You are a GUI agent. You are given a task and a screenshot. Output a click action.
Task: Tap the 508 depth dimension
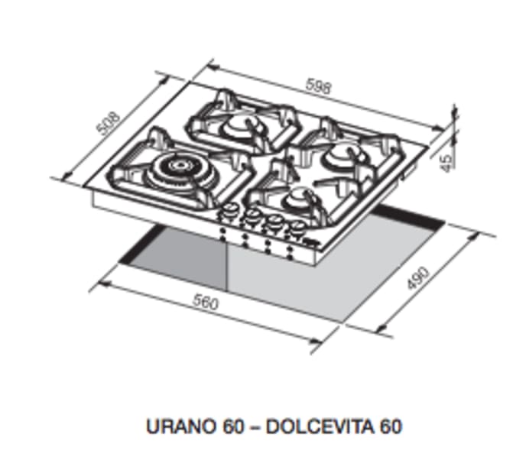112,124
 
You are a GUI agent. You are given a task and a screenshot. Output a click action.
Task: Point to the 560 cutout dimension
206,303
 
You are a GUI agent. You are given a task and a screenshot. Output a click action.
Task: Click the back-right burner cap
337,157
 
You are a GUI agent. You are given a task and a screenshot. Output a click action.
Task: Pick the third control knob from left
271,224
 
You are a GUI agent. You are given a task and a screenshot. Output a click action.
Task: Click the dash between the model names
249,426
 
